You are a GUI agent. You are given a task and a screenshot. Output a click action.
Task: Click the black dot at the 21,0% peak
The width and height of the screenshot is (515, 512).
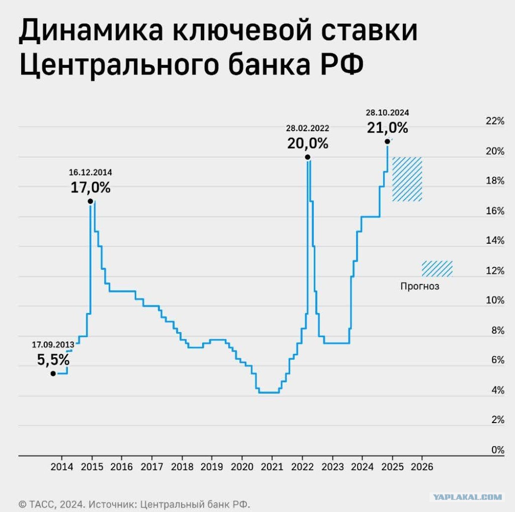pyautogui.click(x=387, y=142)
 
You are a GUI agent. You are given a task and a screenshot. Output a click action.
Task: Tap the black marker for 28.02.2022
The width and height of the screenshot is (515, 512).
pyautogui.click(x=307, y=157)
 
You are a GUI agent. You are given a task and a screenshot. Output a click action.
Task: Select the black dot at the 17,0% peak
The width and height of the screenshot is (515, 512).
pyautogui.click(x=91, y=201)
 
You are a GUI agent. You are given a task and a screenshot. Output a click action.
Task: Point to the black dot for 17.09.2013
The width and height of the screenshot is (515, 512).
pyautogui.click(x=53, y=373)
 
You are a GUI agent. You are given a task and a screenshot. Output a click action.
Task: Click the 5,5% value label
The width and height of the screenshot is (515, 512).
pyautogui.click(x=53, y=359)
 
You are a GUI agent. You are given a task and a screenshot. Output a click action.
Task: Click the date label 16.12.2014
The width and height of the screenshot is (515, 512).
pyautogui.click(x=91, y=172)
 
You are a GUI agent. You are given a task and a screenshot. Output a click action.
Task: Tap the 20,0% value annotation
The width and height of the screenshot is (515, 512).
pyautogui.click(x=308, y=143)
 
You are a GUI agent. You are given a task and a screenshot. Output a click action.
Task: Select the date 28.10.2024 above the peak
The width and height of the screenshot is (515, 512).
pyautogui.click(x=388, y=113)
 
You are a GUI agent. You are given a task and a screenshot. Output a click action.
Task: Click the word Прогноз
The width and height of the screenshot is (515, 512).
pyautogui.click(x=420, y=286)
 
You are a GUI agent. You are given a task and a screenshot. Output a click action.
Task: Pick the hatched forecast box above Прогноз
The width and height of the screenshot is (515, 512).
pyautogui.click(x=437, y=269)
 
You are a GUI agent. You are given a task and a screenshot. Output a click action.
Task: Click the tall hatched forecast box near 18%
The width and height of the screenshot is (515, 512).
pyautogui.click(x=407, y=179)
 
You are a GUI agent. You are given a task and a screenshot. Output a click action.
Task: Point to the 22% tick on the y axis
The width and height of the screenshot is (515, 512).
pyautogui.click(x=495, y=121)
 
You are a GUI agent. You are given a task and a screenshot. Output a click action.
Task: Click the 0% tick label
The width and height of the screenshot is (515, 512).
pyautogui.click(x=498, y=450)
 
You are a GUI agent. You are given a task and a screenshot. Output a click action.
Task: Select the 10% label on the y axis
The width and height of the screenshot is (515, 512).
pyautogui.click(x=495, y=300)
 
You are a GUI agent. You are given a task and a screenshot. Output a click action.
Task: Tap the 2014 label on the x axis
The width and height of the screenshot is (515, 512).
pyautogui.click(x=62, y=467)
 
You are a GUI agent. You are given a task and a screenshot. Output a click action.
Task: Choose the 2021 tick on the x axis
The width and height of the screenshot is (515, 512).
pyautogui.click(x=272, y=467)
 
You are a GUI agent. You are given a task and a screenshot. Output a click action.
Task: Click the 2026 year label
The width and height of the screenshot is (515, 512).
pyautogui.click(x=422, y=467)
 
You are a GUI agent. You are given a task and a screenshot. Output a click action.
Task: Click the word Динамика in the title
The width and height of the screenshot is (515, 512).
pyautogui.click(x=91, y=31)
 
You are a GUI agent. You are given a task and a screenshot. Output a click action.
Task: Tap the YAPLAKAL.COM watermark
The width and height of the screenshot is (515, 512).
pyautogui.click(x=467, y=497)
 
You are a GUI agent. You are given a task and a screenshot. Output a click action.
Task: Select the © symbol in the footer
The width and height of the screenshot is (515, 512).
pyautogui.click(x=22, y=504)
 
